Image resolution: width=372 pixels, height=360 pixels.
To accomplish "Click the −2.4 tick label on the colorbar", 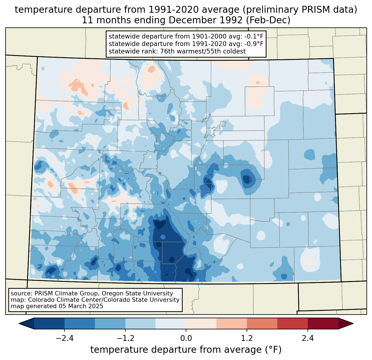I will pyautogui.click(x=64, y=338).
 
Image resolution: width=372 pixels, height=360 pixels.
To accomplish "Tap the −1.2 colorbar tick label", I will pyautogui.click(x=125, y=338).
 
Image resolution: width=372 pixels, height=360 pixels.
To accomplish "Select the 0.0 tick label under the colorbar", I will pyautogui.click(x=186, y=338).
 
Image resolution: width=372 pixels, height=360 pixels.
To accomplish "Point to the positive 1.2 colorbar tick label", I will pyautogui.click(x=247, y=338).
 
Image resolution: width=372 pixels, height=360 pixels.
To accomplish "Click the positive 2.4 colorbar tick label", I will pyautogui.click(x=308, y=338).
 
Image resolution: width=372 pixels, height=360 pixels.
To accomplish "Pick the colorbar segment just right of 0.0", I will pyautogui.click(x=201, y=323).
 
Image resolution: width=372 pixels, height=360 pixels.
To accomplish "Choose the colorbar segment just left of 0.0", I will pyautogui.click(x=171, y=323).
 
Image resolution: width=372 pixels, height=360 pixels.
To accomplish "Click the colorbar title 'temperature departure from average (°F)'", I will pyautogui.click(x=186, y=350).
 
